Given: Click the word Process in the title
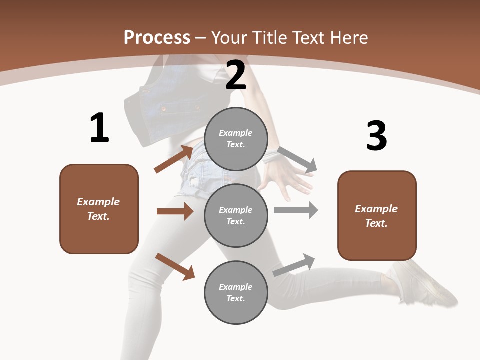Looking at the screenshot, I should click(x=157, y=38).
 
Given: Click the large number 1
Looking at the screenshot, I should click(x=99, y=128).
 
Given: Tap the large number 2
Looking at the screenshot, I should click(x=236, y=75).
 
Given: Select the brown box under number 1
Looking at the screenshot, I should click(x=99, y=209).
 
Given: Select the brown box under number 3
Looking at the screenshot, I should click(x=377, y=215).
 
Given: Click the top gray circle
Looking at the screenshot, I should click(x=236, y=139).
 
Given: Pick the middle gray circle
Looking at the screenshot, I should click(x=236, y=215).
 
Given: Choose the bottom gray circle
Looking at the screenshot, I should click(x=236, y=292).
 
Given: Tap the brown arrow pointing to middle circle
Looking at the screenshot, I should click(x=175, y=211).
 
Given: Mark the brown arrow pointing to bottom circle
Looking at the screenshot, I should click(x=175, y=266).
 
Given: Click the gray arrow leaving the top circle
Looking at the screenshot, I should click(x=297, y=159).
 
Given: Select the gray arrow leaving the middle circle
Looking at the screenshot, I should click(x=296, y=210).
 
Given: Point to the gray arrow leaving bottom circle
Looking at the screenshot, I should click(x=294, y=265).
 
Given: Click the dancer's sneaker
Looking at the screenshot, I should click(x=425, y=283).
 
